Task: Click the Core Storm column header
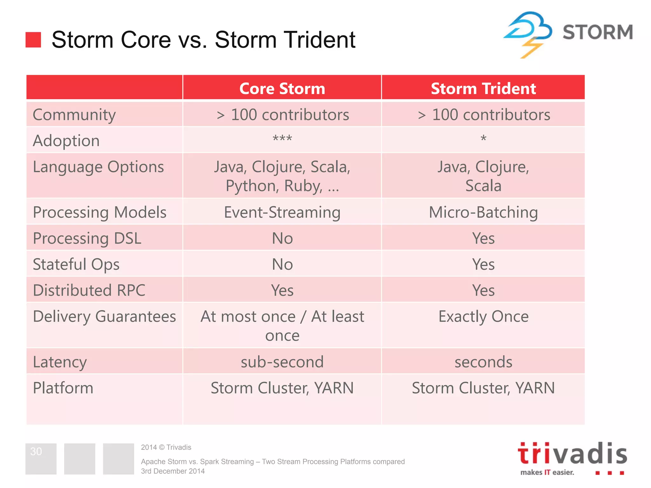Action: (282, 88)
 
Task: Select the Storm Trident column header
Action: (483, 88)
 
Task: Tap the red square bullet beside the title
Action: (33, 40)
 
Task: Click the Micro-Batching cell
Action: (483, 212)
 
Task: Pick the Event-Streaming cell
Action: (282, 212)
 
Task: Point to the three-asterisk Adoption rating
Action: (282, 139)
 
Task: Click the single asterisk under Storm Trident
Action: (483, 139)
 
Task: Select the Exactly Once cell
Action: (483, 316)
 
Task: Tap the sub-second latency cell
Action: (282, 362)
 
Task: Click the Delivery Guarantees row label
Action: (104, 316)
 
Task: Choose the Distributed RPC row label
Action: (89, 290)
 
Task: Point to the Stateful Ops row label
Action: (76, 264)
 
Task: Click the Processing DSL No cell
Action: (282, 238)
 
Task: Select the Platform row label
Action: (63, 388)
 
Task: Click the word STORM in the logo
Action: (598, 32)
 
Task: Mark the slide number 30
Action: (36, 451)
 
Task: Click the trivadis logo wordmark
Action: (572, 454)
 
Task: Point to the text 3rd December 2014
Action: (173, 471)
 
